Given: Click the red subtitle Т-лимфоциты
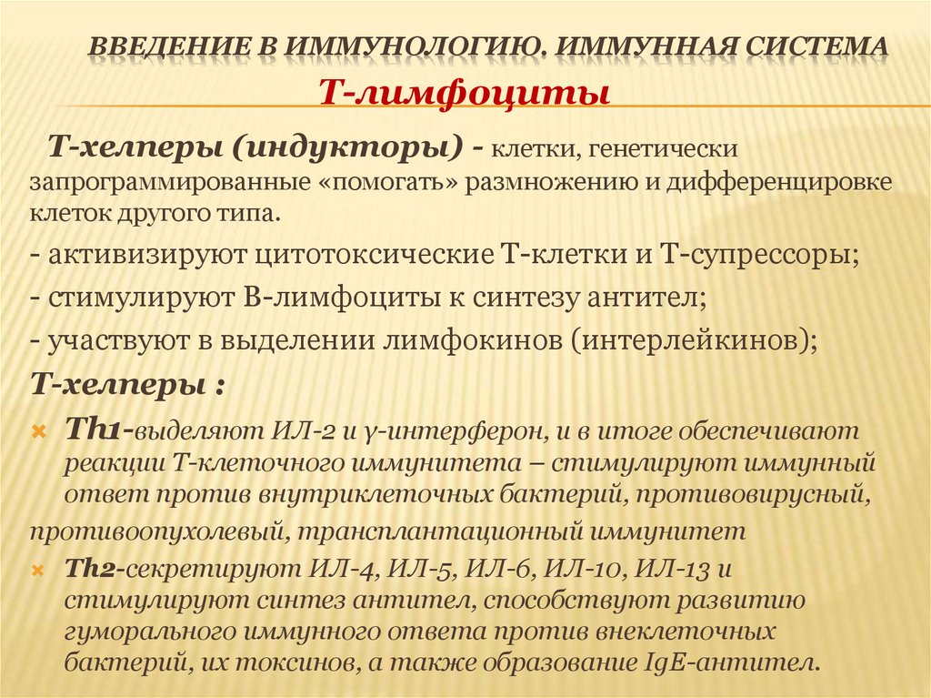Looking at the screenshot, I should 462,92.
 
